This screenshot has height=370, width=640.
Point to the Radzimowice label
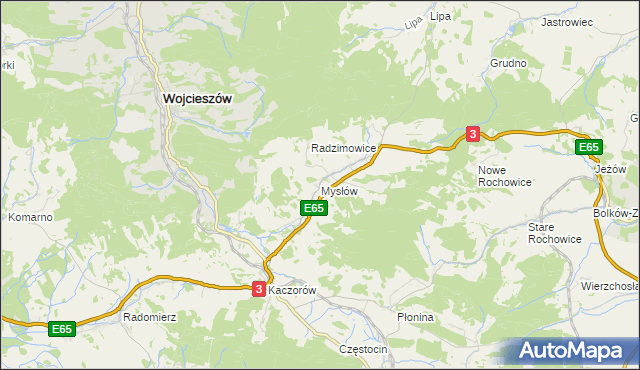(x=343, y=147)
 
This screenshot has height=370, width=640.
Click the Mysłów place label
(x=338, y=190)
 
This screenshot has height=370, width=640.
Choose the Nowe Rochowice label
(x=504, y=176)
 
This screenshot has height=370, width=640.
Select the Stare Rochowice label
(x=554, y=233)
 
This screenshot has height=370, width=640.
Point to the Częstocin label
(x=362, y=349)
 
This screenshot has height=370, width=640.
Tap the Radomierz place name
(x=149, y=317)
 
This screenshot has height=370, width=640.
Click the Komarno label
(x=30, y=217)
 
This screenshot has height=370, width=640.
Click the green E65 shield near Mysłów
(x=313, y=208)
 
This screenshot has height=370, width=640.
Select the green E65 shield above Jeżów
(x=589, y=147)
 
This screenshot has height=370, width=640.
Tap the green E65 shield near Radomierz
(x=62, y=328)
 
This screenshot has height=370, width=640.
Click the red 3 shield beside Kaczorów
(x=259, y=289)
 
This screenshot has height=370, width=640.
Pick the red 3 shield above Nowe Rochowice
(x=472, y=133)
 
